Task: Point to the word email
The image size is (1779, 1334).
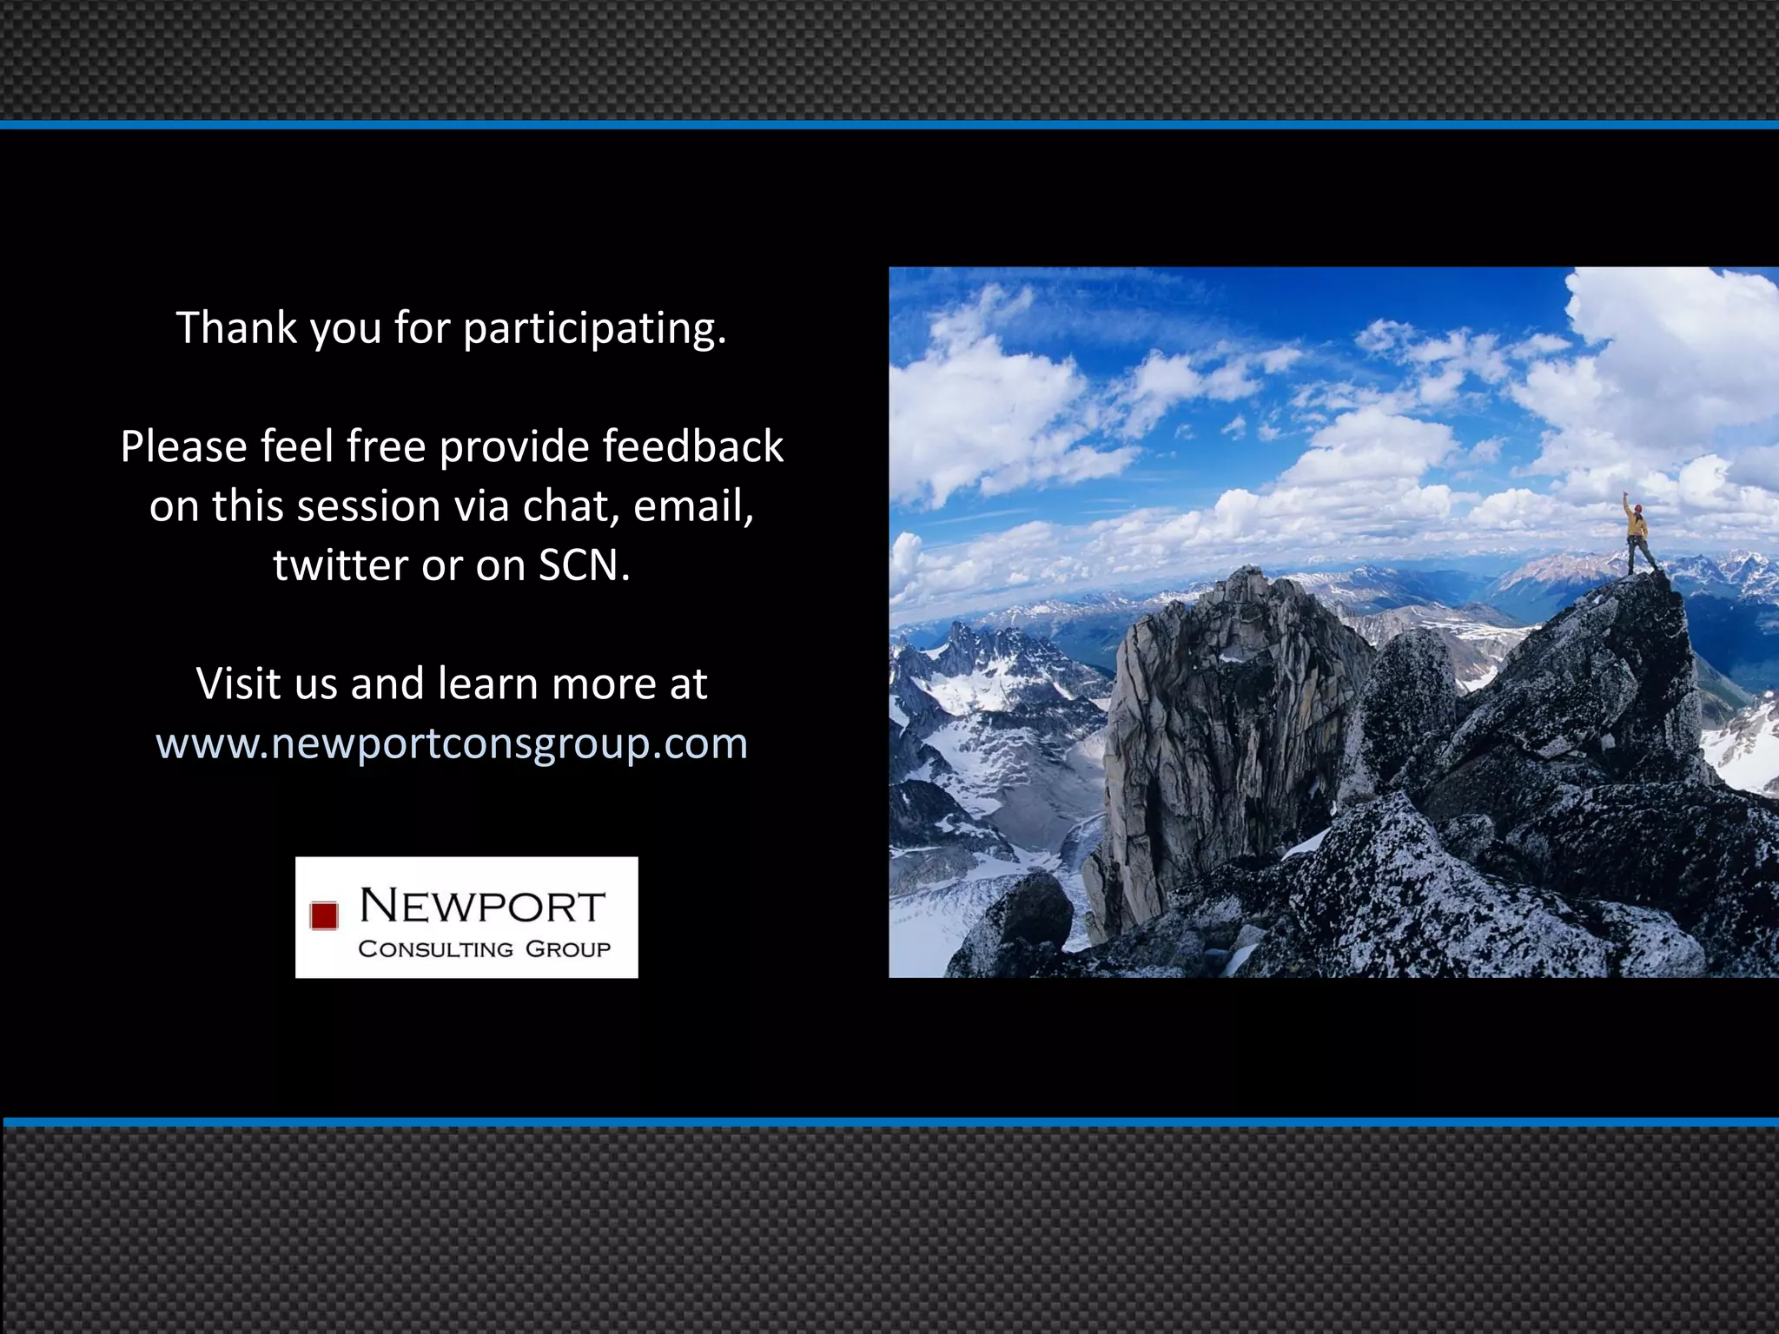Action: click(x=692, y=505)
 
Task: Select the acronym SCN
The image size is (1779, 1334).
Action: click(x=583, y=565)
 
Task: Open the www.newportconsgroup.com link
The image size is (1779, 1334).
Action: click(x=452, y=743)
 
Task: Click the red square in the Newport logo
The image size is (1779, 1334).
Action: click(x=324, y=915)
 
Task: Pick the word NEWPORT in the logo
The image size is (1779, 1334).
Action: click(x=482, y=906)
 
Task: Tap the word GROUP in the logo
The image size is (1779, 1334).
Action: click(x=568, y=948)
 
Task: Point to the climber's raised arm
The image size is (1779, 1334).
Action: click(x=1627, y=504)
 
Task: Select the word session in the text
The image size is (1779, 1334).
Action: click(x=368, y=505)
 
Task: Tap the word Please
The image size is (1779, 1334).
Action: click(x=183, y=446)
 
